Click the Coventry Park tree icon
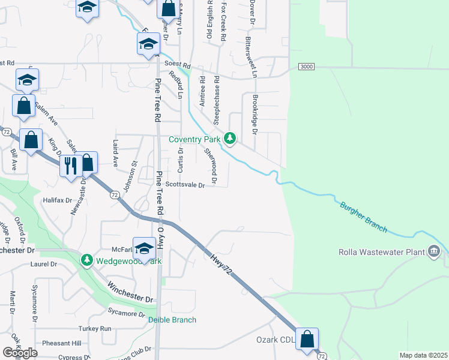[229, 139]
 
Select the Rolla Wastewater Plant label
[382, 252]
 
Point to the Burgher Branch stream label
[363, 218]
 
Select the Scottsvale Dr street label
[185, 185]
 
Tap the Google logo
[20, 353]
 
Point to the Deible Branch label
[172, 320]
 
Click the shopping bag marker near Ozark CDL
[307, 340]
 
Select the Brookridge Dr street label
[255, 114]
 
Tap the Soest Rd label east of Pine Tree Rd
[178, 65]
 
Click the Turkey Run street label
[95, 329]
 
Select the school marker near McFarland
[144, 247]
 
